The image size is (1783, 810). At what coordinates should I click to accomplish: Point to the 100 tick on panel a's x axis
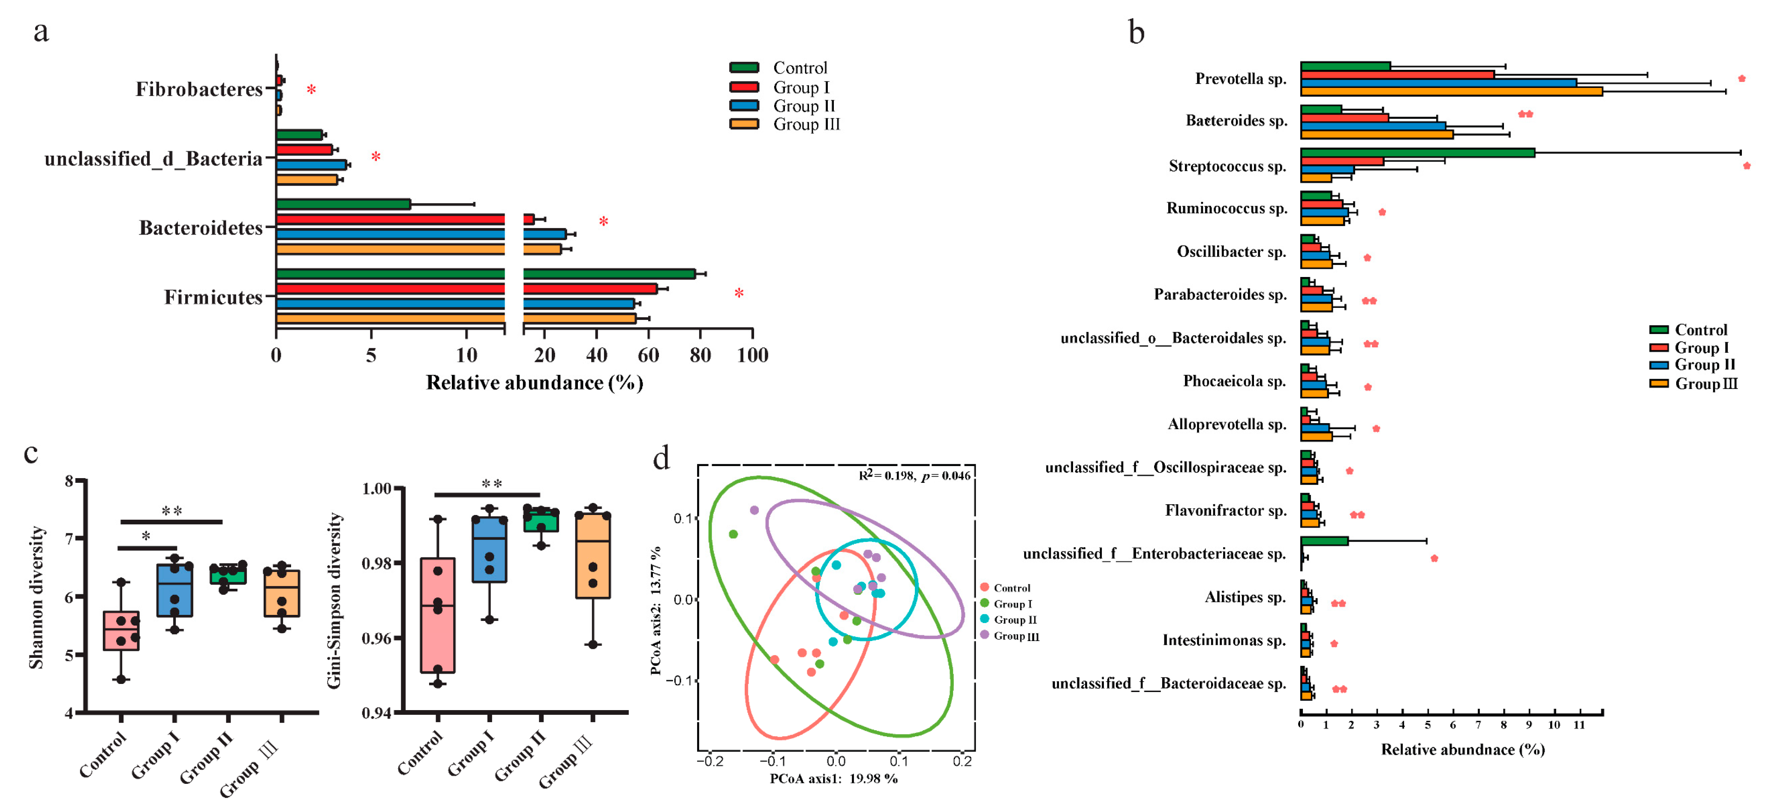[x=752, y=355]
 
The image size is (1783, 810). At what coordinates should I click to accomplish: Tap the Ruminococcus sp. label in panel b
[x=1227, y=208]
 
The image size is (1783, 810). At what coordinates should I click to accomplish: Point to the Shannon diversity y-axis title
[x=36, y=597]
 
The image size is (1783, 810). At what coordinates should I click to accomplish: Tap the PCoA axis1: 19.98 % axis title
[x=833, y=779]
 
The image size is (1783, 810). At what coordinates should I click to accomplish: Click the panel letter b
[x=1136, y=33]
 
